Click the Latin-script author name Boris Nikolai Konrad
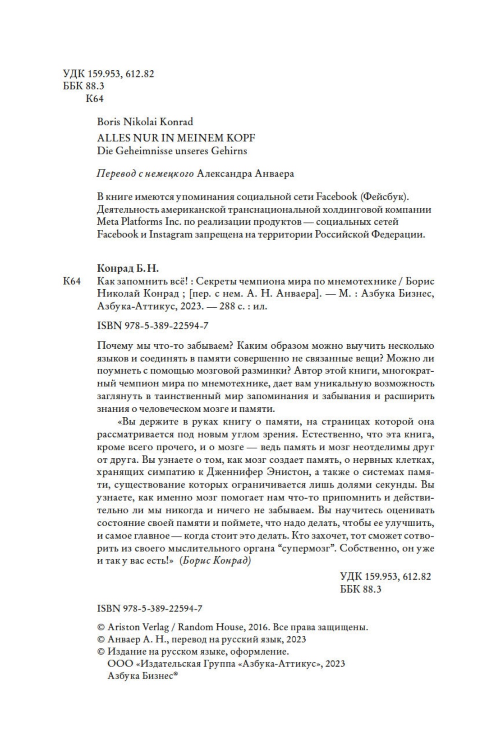tap(145, 122)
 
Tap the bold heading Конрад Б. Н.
tap(129, 269)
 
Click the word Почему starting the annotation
tap(114, 346)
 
